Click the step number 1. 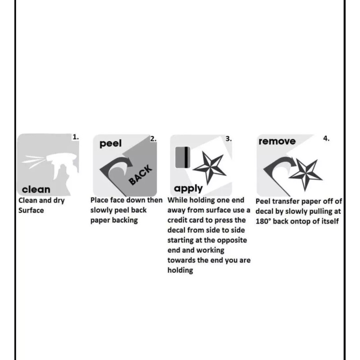(x=76, y=136)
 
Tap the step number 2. (x=153, y=139)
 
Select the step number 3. (x=229, y=139)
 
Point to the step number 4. (x=326, y=139)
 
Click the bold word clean (x=36, y=189)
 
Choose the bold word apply (x=188, y=188)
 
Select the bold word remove (x=277, y=141)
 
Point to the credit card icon (x=182, y=157)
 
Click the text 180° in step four (x=265, y=221)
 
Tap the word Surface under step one (x=31, y=211)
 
